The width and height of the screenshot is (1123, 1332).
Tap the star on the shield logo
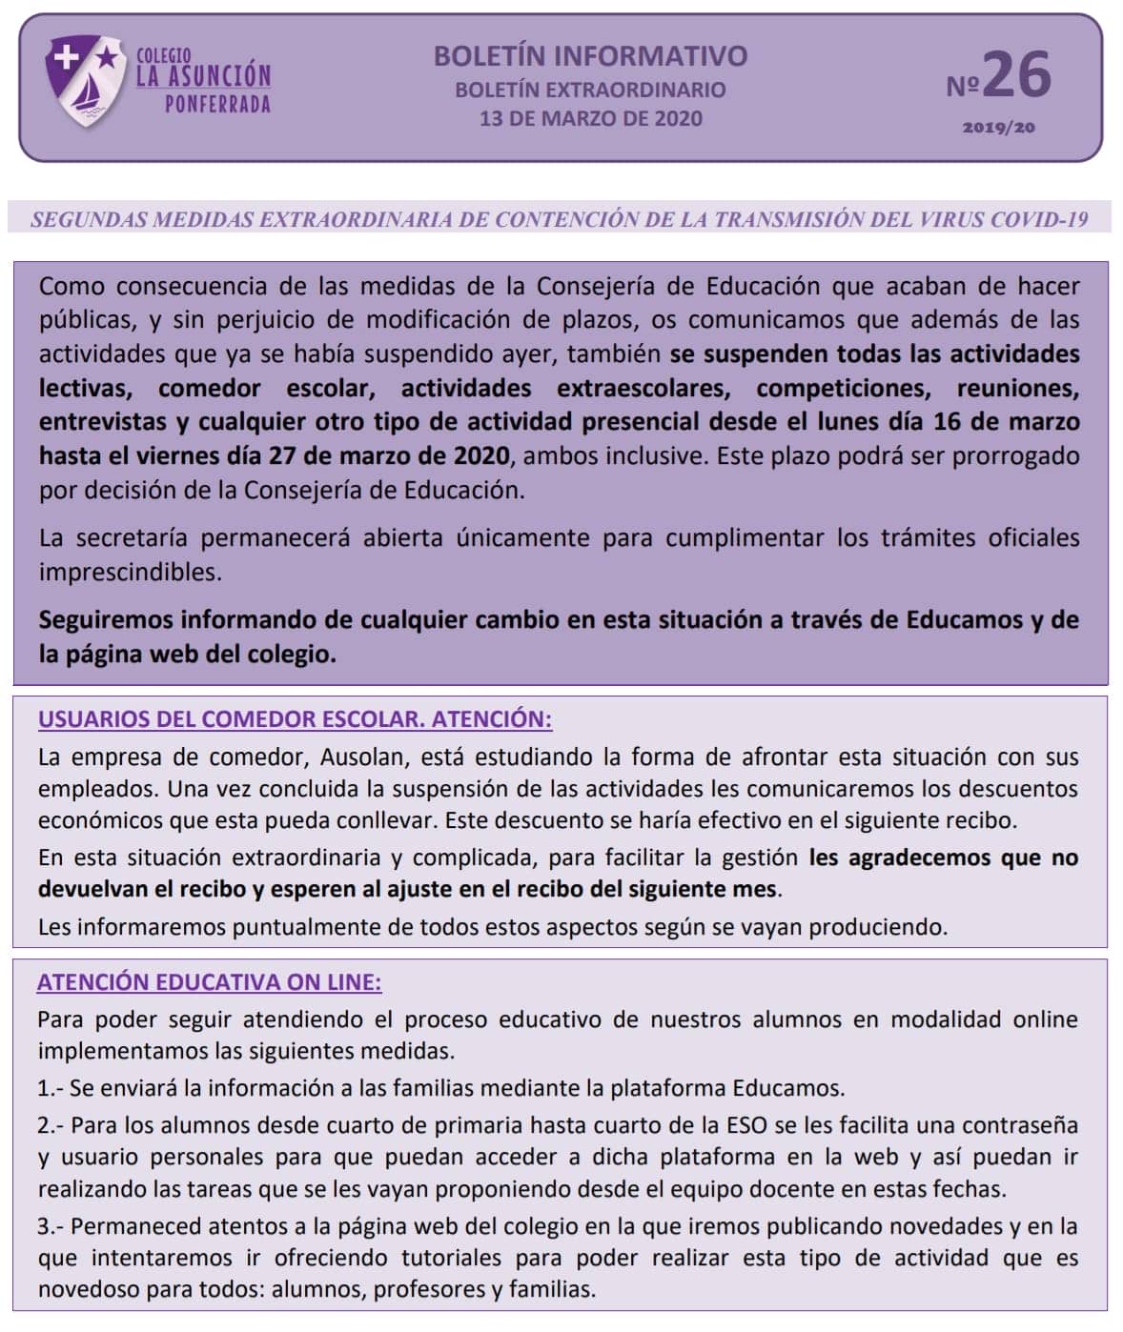tap(108, 57)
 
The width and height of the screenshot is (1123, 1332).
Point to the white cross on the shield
tap(66, 57)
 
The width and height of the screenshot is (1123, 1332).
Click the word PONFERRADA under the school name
tap(217, 104)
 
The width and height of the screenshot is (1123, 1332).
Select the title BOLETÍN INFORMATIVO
tap(590, 55)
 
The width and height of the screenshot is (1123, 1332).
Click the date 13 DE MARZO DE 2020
tap(590, 119)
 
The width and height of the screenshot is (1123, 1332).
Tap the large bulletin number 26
tap(1016, 76)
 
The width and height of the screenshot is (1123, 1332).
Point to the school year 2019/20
tap(998, 128)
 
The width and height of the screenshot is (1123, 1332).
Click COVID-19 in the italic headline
tap(1038, 219)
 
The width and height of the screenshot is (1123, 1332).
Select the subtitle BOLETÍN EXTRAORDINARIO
tap(590, 90)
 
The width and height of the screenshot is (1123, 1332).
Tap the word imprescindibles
tap(130, 572)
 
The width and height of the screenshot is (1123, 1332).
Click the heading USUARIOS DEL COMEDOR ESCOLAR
tap(230, 719)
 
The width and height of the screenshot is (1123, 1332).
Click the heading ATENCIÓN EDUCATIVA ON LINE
tap(209, 982)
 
